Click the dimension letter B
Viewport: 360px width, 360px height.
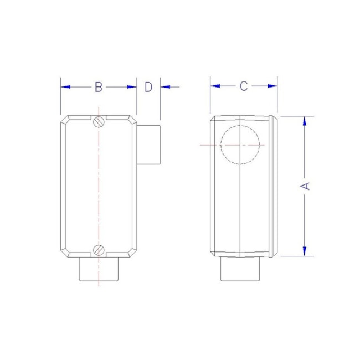click(x=98, y=86)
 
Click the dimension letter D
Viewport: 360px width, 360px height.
click(x=148, y=86)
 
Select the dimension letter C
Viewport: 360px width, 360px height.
click(x=243, y=86)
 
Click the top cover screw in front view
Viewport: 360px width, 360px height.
click(x=98, y=121)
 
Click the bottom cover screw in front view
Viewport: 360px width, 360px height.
click(x=98, y=250)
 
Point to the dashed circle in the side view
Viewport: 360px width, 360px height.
click(x=240, y=145)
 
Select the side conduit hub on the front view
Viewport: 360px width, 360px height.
click(x=148, y=145)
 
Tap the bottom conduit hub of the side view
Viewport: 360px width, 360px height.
click(x=239, y=269)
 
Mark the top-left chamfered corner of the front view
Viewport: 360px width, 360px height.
click(x=64, y=120)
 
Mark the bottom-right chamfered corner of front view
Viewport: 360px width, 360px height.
click(x=132, y=253)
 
